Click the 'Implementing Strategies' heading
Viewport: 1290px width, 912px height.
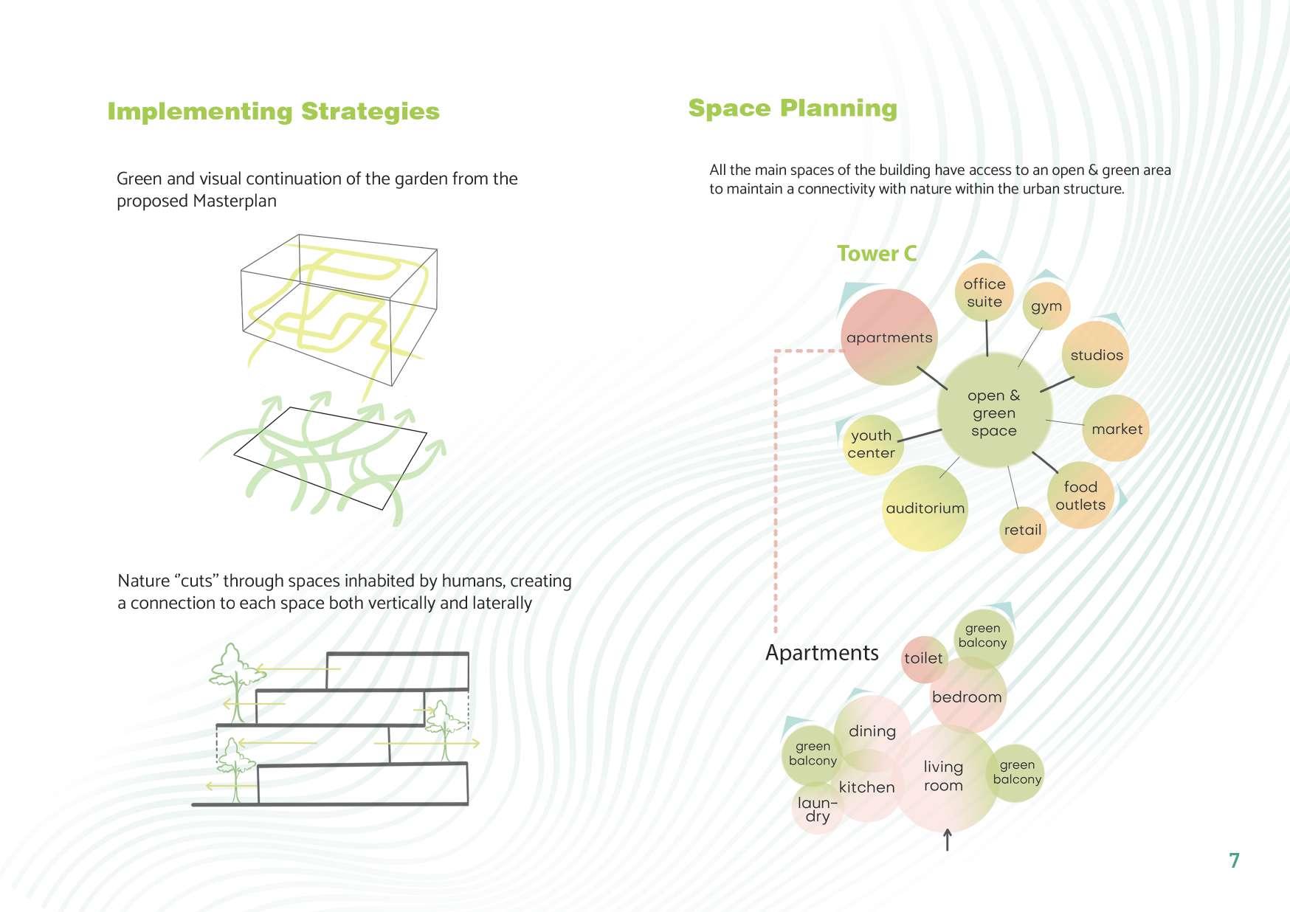(x=273, y=111)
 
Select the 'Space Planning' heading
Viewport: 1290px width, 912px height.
(x=793, y=108)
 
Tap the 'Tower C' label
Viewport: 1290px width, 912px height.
(x=877, y=254)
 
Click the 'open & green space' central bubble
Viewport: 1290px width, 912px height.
(x=993, y=412)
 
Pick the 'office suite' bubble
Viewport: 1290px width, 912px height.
(x=984, y=293)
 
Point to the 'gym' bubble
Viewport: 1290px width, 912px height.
(x=1046, y=306)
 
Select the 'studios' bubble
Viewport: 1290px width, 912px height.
(x=1097, y=355)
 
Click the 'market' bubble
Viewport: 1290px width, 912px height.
(x=1116, y=429)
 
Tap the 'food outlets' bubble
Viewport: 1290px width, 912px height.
(x=1080, y=496)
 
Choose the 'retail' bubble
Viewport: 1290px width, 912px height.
(x=1023, y=530)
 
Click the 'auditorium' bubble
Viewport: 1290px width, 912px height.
(x=925, y=508)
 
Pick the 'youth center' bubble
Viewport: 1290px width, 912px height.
(x=872, y=444)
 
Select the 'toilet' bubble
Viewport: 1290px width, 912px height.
(x=923, y=658)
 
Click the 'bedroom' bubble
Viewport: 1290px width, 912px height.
(x=967, y=697)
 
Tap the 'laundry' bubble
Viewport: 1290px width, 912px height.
(x=817, y=809)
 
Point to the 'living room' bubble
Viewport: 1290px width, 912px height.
(x=943, y=777)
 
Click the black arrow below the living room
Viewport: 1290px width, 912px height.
(x=948, y=840)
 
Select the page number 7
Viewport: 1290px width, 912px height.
(x=1234, y=860)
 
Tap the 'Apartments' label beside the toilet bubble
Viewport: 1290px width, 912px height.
(x=821, y=653)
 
